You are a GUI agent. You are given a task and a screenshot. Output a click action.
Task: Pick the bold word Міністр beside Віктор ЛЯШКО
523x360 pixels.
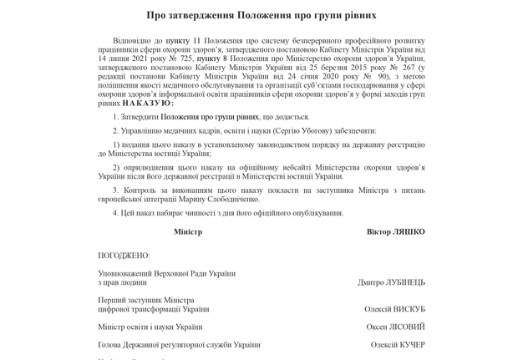(x=188, y=231)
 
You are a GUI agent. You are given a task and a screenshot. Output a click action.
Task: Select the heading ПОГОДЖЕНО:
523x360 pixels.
(x=124, y=255)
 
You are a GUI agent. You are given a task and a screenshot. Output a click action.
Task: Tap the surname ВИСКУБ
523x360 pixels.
(x=406, y=309)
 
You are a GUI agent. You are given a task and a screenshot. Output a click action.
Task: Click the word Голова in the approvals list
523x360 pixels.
(x=111, y=344)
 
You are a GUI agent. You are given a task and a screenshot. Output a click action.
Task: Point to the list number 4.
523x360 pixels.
(x=114, y=212)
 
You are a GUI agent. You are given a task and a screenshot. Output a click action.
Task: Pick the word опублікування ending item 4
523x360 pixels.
(x=312, y=212)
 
